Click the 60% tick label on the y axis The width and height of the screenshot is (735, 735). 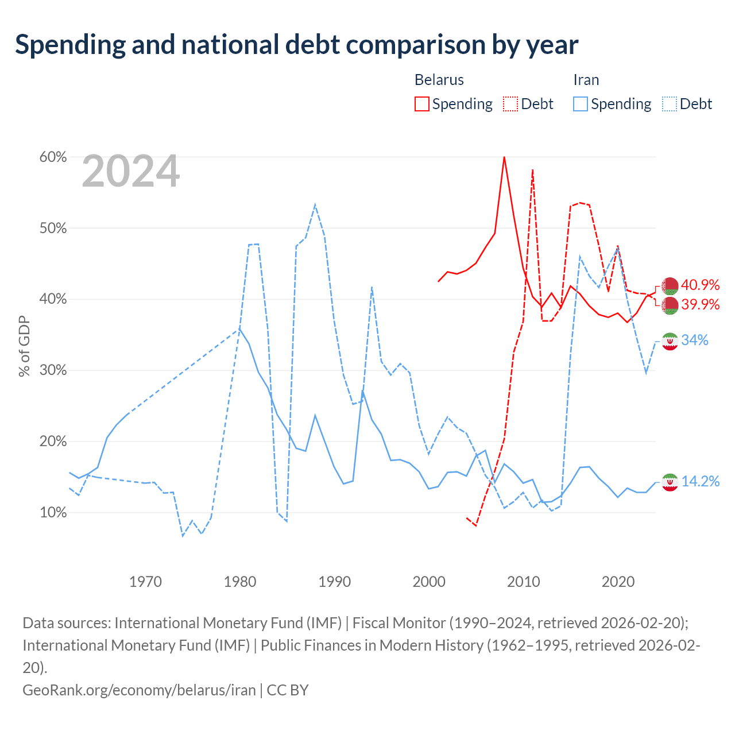[53, 157]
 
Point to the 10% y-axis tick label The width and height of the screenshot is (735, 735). [53, 512]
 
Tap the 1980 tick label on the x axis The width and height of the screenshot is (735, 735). [240, 582]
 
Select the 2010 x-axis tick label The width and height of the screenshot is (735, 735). [523, 582]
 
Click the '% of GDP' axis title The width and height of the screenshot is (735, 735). [24, 346]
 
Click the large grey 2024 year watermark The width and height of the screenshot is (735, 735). [130, 171]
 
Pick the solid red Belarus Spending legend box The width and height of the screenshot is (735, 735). [422, 104]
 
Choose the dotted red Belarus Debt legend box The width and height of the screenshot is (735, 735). [510, 104]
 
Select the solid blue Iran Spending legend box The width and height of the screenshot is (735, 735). [580, 104]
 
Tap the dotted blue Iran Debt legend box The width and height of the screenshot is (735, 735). [669, 104]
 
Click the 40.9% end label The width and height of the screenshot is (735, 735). [701, 285]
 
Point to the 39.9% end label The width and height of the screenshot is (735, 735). [701, 304]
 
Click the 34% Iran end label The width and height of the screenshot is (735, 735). [695, 340]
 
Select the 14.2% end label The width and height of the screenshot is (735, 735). [701, 481]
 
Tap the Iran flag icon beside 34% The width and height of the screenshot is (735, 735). [670, 341]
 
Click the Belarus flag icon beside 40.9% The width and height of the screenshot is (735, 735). [670, 286]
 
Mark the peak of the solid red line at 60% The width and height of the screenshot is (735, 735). [504, 157]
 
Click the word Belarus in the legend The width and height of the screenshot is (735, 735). [439, 80]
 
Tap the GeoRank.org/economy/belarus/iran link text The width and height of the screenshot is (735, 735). [139, 690]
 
